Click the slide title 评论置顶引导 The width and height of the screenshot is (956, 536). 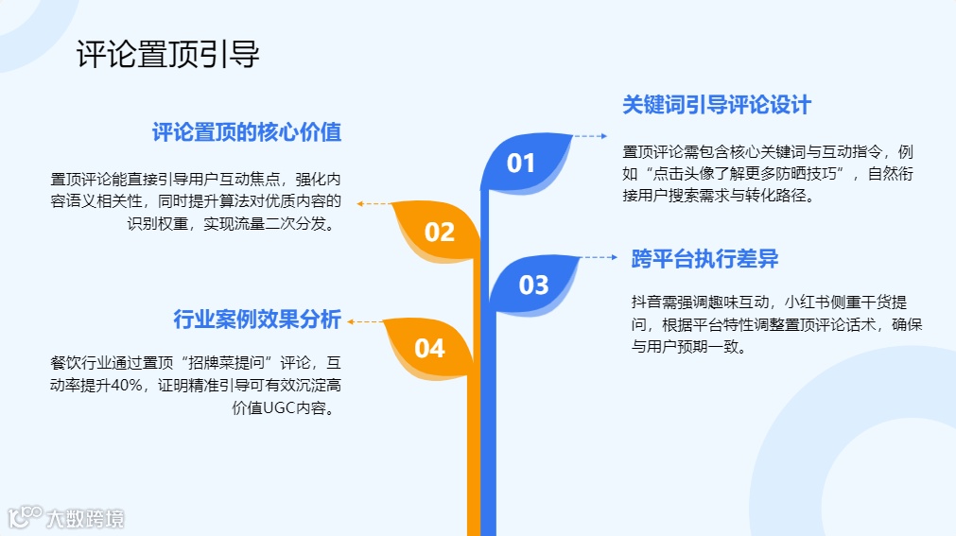tap(167, 55)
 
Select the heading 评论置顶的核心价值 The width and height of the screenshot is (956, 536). tap(247, 132)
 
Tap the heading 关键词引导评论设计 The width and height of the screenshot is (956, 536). tap(716, 105)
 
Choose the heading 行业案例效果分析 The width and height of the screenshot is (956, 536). tap(257, 320)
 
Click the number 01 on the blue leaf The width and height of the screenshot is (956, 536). tap(521, 164)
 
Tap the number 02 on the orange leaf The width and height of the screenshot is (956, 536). tap(439, 233)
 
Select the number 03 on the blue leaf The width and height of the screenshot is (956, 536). tap(534, 285)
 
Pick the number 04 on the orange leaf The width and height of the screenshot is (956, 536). tap(429, 349)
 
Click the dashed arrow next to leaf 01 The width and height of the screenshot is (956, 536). tap(591, 137)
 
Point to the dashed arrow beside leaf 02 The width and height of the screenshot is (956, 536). tap(373, 203)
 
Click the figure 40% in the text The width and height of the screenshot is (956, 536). tap(122, 386)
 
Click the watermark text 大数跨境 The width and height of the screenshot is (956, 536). tap(86, 518)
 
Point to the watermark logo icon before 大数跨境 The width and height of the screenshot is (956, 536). tap(24, 517)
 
